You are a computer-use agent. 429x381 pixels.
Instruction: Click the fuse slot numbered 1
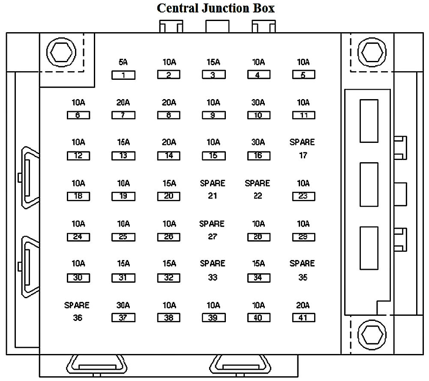[x=123, y=75]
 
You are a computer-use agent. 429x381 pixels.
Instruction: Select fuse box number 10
[x=258, y=115]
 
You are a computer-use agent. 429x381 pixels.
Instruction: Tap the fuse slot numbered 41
[x=303, y=318]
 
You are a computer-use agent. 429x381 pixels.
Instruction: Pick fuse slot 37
[x=123, y=318]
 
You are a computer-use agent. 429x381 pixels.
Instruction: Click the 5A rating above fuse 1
[x=123, y=62]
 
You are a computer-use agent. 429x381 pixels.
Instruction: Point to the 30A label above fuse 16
[x=258, y=142]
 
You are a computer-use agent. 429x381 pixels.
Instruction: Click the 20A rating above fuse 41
[x=303, y=305]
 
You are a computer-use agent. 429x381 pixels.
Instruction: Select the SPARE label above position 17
[x=302, y=142]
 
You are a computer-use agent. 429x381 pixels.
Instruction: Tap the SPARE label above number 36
[x=77, y=305]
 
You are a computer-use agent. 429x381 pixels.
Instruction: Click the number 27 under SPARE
[x=213, y=236]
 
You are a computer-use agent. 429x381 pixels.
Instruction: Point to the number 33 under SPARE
[x=213, y=278]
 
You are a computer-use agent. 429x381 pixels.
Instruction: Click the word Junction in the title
[x=226, y=8]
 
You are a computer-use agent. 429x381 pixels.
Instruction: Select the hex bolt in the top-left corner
[x=61, y=52]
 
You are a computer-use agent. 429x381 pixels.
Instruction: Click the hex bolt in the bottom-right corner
[x=372, y=335]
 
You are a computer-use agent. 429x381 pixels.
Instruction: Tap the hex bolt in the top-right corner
[x=372, y=52]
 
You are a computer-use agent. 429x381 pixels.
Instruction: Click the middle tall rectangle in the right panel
[x=369, y=184]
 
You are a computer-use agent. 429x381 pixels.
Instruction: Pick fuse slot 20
[x=168, y=196]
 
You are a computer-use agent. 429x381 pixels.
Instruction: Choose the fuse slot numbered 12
[x=78, y=156]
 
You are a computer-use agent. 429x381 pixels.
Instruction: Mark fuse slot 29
[x=303, y=237]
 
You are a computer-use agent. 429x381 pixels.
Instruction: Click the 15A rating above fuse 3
[x=213, y=62]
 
